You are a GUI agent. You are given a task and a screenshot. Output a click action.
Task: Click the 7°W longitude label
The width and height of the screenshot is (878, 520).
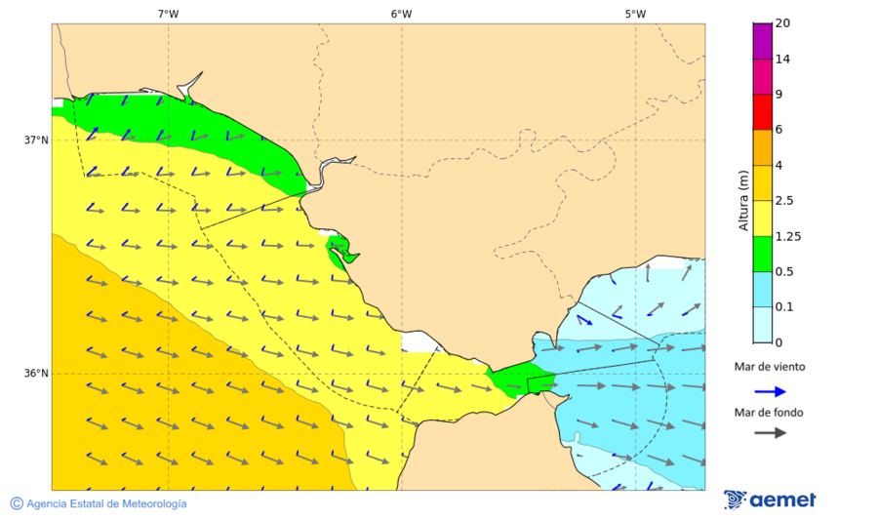(168, 14)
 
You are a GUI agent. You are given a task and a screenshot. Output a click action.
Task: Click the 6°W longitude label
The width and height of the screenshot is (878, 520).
(401, 14)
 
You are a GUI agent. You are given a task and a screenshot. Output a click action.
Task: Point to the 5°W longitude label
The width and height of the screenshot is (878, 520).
(635, 14)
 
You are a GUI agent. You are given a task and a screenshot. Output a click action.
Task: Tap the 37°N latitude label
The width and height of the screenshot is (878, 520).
(36, 140)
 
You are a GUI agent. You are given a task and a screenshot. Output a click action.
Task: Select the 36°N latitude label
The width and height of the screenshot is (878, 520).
(36, 374)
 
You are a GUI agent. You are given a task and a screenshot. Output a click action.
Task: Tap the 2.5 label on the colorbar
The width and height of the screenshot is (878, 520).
(784, 201)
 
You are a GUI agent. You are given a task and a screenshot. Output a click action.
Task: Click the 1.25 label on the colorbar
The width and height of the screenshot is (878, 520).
(787, 236)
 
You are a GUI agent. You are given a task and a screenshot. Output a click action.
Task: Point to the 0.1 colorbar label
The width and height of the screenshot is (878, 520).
(783, 307)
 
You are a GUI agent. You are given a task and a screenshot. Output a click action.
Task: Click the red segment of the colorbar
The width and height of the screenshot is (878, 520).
(762, 112)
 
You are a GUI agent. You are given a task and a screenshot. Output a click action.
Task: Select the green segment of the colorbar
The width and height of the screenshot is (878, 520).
(762, 254)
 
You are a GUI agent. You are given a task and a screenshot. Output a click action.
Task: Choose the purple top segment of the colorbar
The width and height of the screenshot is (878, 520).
(762, 41)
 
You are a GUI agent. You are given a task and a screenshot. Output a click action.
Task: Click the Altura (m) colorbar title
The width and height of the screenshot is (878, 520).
(743, 200)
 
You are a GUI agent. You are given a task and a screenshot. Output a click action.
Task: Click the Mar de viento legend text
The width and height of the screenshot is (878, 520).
(770, 368)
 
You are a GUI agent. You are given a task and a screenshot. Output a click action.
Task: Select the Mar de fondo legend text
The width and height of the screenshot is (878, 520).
(770, 412)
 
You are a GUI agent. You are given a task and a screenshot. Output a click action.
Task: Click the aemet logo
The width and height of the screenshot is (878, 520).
(771, 500)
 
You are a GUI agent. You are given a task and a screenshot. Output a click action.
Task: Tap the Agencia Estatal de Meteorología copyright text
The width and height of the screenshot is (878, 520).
(99, 503)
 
